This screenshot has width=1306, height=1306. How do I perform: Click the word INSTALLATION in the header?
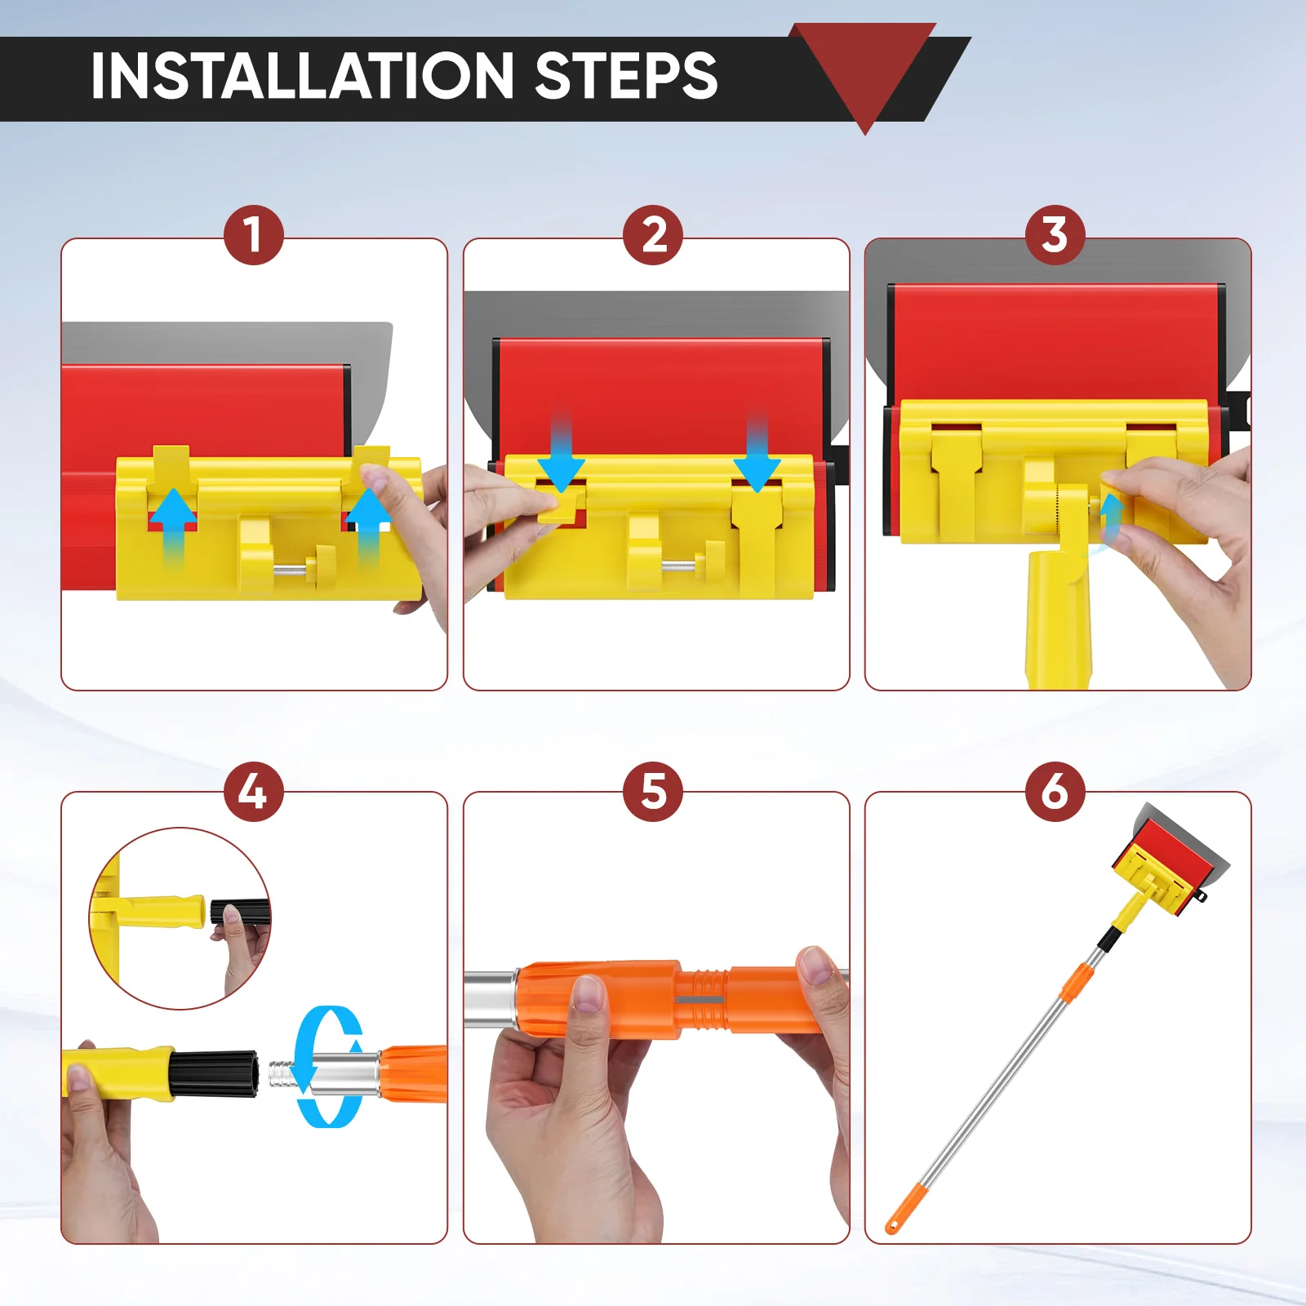point(303,76)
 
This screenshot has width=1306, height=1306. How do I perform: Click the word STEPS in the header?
point(626,76)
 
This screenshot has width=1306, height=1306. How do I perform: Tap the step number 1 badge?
point(254,235)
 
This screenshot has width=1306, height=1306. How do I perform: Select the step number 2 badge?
point(653,235)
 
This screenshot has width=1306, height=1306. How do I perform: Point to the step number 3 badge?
point(1055,235)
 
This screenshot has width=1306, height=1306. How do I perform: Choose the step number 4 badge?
point(254,792)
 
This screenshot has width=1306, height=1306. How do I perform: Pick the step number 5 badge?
point(653,792)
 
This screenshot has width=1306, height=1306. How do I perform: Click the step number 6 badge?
point(1055,792)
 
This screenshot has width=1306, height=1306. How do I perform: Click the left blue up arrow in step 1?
point(173,526)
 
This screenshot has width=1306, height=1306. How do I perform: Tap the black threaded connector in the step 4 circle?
point(239,912)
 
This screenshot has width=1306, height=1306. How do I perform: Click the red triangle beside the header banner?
point(864,73)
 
